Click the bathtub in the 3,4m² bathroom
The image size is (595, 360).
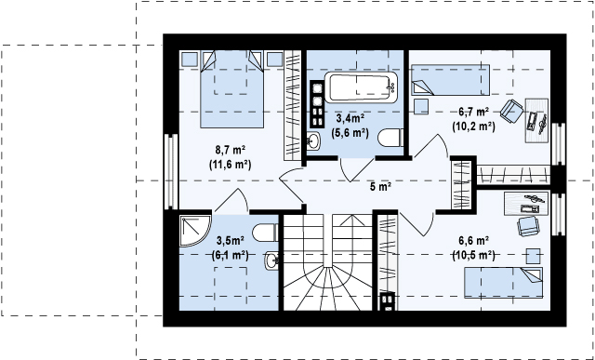click(361, 87)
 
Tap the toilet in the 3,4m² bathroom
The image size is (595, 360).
click(390, 138)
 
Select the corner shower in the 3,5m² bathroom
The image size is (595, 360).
click(195, 231)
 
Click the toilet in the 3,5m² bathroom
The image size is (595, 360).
click(265, 233)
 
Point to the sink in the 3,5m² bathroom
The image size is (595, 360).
click(271, 260)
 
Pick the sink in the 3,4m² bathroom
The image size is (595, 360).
click(313, 140)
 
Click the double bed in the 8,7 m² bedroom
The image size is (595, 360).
click(231, 89)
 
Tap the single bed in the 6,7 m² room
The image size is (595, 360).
click(450, 80)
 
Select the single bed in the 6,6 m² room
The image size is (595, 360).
click(503, 283)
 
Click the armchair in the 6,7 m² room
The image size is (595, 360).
click(511, 111)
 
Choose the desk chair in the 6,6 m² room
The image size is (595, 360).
click(528, 226)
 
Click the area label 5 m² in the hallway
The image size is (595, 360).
click(380, 186)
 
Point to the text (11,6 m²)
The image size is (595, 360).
click(230, 165)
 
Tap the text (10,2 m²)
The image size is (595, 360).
click(473, 127)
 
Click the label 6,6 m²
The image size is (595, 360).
click(473, 240)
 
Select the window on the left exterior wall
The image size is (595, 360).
click(171, 172)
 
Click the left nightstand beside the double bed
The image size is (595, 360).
click(190, 60)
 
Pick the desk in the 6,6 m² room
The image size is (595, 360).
click(526, 203)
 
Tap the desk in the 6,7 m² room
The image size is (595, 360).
click(536, 120)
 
